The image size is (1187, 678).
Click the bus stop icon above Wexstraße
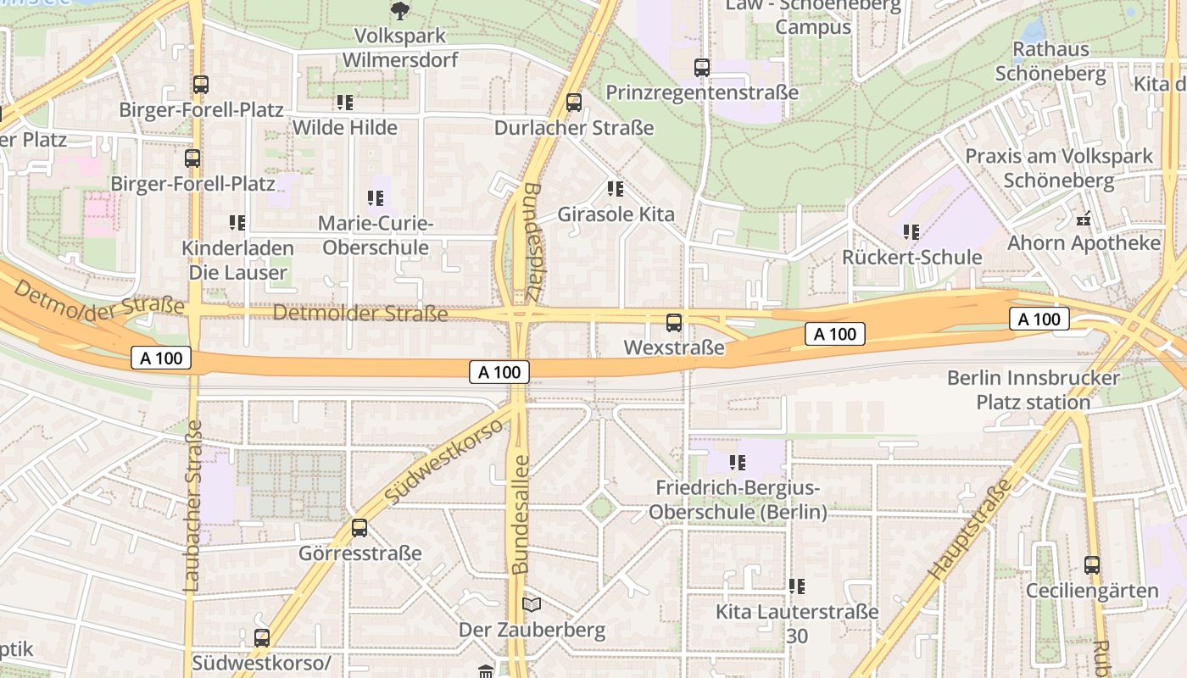tap(674, 323)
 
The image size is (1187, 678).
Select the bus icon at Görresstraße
tap(359, 528)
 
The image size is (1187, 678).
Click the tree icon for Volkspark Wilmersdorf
tap(399, 11)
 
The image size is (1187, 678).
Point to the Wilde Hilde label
tap(344, 128)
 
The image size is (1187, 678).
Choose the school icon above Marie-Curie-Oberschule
tap(376, 198)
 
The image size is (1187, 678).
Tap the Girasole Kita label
tap(616, 214)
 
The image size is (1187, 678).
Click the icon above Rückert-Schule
tap(911, 231)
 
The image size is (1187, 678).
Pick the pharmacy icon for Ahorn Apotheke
tap(1083, 219)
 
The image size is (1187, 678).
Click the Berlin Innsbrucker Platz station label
tap(1033, 390)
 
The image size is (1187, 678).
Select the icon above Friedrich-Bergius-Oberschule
tap(737, 463)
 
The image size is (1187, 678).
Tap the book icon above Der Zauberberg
tap(532, 604)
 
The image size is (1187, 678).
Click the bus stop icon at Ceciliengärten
tap(1092, 565)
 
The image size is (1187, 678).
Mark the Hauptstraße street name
tap(971, 531)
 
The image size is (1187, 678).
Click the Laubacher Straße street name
tap(192, 505)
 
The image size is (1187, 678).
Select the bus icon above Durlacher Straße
tap(574, 103)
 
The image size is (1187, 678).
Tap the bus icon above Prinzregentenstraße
tap(702, 68)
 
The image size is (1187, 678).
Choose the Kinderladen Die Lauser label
tap(238, 261)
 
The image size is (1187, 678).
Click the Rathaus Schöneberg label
tap(1050, 61)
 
